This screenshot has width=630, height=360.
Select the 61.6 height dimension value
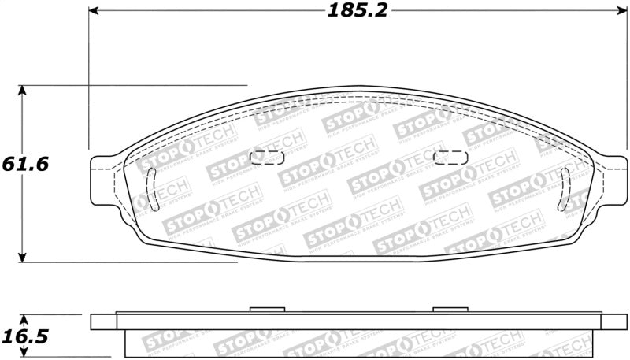[x=25, y=165]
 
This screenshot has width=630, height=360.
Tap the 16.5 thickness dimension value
[x=25, y=337]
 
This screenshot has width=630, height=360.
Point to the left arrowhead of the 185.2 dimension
[x=94, y=11]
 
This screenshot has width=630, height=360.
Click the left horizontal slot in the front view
[x=266, y=157]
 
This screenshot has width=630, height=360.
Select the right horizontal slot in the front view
[x=450, y=157]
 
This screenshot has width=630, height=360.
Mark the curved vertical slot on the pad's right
[x=564, y=190]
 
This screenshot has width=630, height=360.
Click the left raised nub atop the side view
[x=266, y=310]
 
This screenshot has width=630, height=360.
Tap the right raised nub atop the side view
[x=450, y=310]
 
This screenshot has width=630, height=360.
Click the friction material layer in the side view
[x=354, y=343]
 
